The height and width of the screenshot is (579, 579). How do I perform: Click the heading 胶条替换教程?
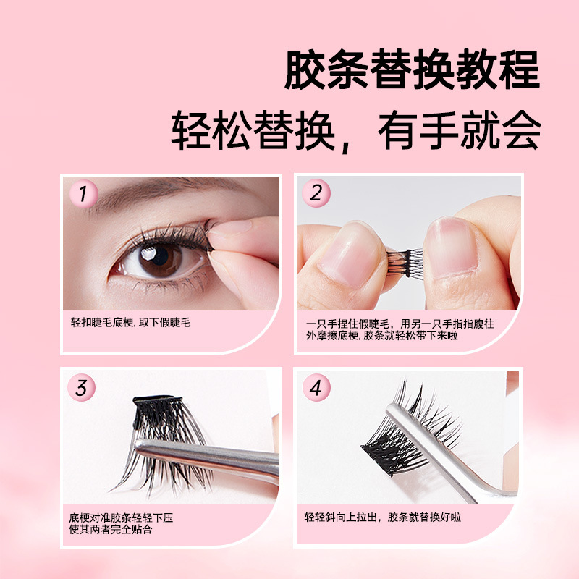(x=412, y=69)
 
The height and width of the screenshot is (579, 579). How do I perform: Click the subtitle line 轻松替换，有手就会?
(x=356, y=131)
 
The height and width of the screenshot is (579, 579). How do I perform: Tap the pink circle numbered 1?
(x=83, y=194)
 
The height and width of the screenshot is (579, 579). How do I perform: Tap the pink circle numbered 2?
(x=316, y=193)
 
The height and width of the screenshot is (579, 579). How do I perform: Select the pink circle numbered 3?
(x=82, y=388)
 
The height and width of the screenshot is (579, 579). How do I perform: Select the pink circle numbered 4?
(x=316, y=388)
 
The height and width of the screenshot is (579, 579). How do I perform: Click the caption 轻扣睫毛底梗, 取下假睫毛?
(x=131, y=323)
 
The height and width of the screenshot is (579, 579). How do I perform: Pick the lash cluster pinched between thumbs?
(x=405, y=263)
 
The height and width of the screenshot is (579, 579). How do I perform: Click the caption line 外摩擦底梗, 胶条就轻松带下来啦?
(x=382, y=335)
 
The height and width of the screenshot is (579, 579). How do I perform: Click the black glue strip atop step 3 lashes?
(x=157, y=400)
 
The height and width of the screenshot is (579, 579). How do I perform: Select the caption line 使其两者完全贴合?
(x=111, y=530)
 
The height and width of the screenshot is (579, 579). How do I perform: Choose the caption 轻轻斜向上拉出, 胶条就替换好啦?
(x=383, y=517)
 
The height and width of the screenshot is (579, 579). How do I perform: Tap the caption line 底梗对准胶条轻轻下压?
(x=121, y=517)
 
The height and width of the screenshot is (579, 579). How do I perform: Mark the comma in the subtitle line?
(x=346, y=146)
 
